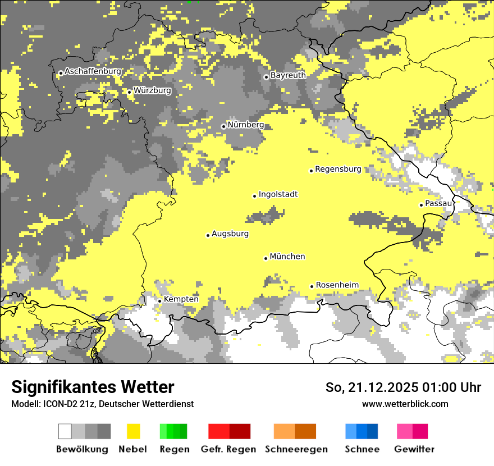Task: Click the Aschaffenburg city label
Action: pyautogui.click(x=93, y=72)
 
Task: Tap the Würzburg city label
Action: pyautogui.click(x=152, y=90)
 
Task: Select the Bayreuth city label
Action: pyautogui.click(x=288, y=75)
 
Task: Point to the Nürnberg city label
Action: pyautogui.click(x=245, y=125)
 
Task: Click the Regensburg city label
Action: pyautogui.click(x=338, y=169)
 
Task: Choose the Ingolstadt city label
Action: pyautogui.click(x=278, y=195)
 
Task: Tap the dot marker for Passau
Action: pyautogui.click(x=421, y=205)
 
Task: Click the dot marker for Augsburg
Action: pyautogui.click(x=208, y=235)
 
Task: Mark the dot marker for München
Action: pyautogui.click(x=266, y=258)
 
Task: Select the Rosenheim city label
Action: pyautogui.click(x=337, y=285)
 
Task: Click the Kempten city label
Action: pyautogui.click(x=181, y=299)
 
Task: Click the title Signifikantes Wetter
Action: pyautogui.click(x=93, y=387)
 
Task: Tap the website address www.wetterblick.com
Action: pyautogui.click(x=405, y=404)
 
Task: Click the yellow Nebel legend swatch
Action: pyautogui.click(x=133, y=431)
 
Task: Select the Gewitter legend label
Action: pyautogui.click(x=414, y=449)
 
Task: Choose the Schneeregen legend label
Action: pyautogui.click(x=296, y=449)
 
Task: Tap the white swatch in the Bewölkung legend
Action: pyautogui.click(x=65, y=431)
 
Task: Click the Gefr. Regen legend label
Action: pyautogui.click(x=228, y=449)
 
